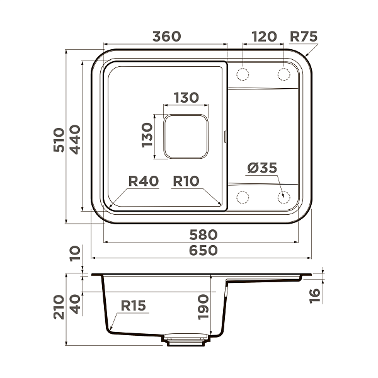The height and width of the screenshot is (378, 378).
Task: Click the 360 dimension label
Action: coord(166,37)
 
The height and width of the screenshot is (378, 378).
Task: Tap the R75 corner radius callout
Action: coord(304,37)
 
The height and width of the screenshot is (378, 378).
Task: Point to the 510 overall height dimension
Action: coord(58,140)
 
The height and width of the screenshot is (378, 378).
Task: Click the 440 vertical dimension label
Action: coord(75,140)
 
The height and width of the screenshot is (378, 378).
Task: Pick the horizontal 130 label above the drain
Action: coord(186,98)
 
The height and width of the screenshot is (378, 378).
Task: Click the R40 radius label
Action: coord(143,181)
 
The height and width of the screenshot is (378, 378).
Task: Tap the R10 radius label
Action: coord(186,181)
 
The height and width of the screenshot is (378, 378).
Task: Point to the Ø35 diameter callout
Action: coord(262,168)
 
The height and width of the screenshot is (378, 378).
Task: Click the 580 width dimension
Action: coord(203,234)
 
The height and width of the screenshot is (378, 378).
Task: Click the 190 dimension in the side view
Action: coord(203,307)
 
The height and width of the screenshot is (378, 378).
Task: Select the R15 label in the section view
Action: coord(133,306)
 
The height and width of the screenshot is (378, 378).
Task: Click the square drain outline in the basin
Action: coord(186,135)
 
